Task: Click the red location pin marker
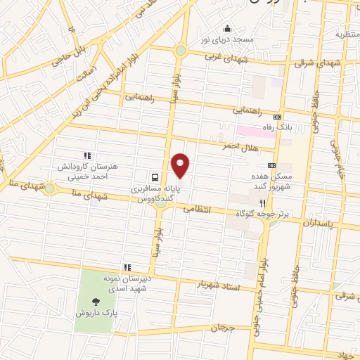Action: coord(181,165)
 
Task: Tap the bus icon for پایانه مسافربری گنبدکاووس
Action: coord(155,177)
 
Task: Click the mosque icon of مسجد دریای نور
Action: coord(227,29)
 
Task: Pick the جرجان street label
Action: coord(221,328)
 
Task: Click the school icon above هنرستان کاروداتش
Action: coord(87,155)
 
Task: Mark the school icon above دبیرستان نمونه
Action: coord(127,267)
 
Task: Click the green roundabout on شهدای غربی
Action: coord(181,51)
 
